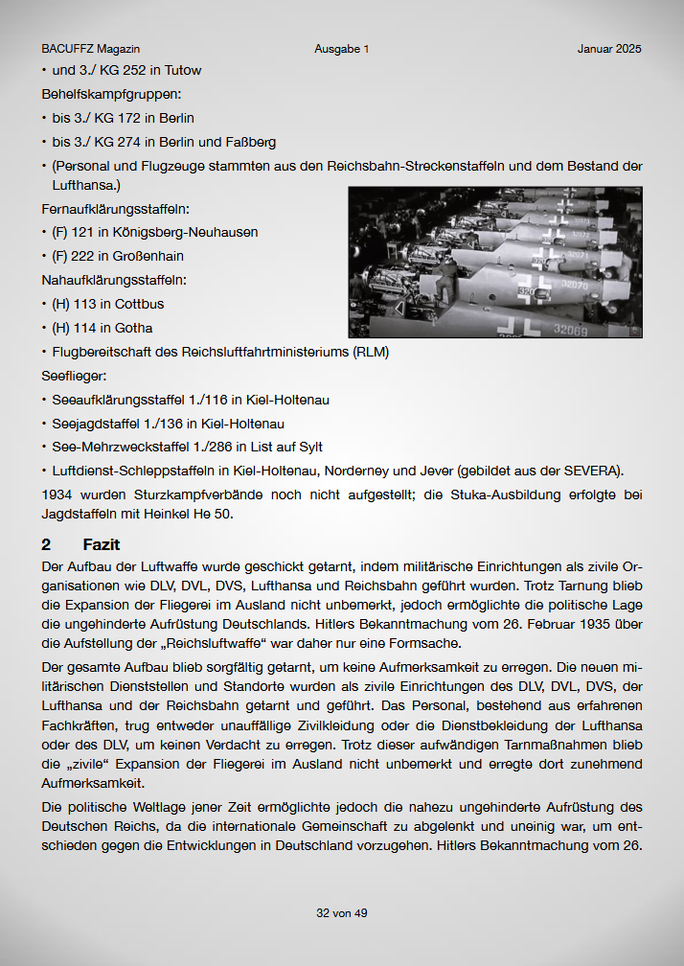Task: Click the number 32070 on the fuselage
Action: pos(575,285)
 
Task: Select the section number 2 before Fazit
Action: pos(46,544)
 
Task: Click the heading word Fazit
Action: pos(102,544)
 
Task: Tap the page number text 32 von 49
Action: pos(342,913)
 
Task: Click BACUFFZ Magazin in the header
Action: pos(84,49)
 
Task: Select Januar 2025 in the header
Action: pos(609,49)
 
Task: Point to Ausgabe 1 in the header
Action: pos(341,49)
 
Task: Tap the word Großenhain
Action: pos(149,256)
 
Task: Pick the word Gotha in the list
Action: pos(134,328)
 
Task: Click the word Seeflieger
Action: pos(73,376)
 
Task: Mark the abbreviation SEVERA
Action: pos(591,471)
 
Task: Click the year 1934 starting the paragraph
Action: pos(57,494)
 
